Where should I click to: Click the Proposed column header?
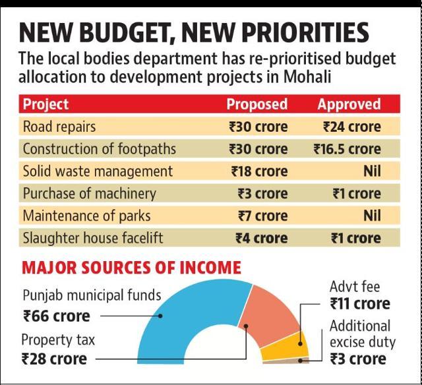point(257,104)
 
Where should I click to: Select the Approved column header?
point(349,104)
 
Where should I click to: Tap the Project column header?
point(45,104)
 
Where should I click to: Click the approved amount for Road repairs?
point(352,127)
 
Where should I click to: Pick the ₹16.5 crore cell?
point(347,149)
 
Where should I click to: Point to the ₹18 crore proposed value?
point(259,171)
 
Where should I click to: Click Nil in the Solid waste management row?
point(372,171)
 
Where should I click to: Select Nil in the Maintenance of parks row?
point(372,216)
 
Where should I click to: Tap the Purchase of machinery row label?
point(90,194)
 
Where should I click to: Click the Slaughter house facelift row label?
point(93,238)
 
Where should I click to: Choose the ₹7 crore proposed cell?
point(263,216)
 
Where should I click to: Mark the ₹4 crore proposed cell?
point(262,238)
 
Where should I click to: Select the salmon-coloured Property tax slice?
point(269,314)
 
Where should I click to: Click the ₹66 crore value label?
point(57,316)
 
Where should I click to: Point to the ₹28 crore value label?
point(54,359)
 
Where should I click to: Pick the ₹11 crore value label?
point(360,304)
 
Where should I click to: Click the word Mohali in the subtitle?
point(307,76)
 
